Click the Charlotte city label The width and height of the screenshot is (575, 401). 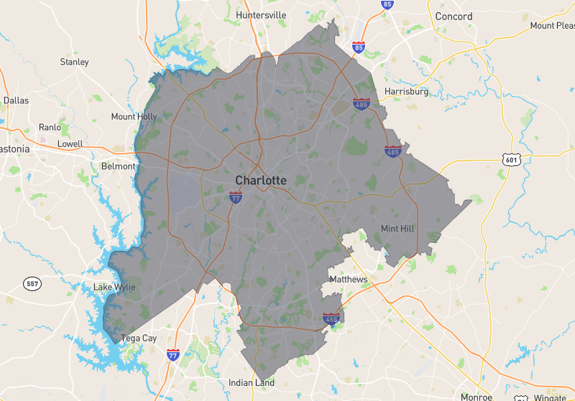pos(261,180)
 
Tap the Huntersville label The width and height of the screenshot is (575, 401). pos(261,14)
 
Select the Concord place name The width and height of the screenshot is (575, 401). pos(454,16)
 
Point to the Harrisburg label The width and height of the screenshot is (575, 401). pos(406,91)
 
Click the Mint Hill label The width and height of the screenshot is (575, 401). pos(399,229)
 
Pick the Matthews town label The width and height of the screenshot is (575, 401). pos(348,279)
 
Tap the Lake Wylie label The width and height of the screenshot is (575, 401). pos(114,287)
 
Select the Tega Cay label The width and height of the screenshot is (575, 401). pos(139,338)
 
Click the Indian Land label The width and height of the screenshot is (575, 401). pos(252,383)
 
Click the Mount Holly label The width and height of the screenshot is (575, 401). pos(134,116)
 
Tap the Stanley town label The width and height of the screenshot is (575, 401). pos(74,62)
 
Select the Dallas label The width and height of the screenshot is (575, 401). pos(16,101)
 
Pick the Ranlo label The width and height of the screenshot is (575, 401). pos(50,127)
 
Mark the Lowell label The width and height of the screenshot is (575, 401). pos(70,144)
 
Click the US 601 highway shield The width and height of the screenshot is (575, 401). pos(511,160)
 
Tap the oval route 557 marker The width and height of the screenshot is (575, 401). pos(32,283)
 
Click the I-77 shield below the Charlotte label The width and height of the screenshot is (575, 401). pos(236,195)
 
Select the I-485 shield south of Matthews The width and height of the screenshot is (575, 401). pos(331,318)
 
